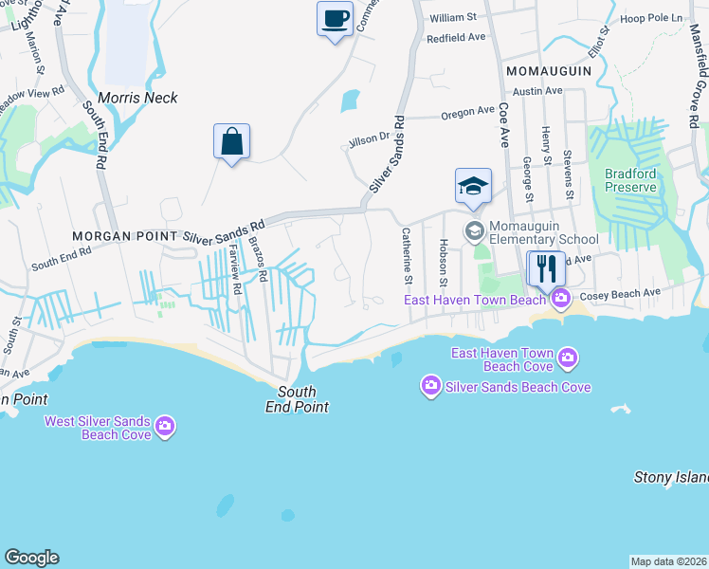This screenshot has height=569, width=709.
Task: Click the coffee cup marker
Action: [335, 19]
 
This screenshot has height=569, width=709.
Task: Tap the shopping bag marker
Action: [231, 143]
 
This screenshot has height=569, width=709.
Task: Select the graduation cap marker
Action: [473, 187]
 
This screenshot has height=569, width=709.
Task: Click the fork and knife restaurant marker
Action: [545, 269]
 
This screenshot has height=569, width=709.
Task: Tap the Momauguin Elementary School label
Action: [543, 232]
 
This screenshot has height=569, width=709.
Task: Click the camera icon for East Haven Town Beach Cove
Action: [568, 358]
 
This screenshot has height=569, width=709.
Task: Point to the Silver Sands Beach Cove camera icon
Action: [431, 386]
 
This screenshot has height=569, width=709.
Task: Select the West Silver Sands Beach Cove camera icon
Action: [165, 426]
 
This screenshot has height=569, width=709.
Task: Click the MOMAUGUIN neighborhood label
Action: [549, 71]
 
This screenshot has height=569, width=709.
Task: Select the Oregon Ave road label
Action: [468, 113]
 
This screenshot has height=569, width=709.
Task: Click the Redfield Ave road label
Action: [456, 38]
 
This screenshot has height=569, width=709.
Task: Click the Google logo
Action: [31, 558]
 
